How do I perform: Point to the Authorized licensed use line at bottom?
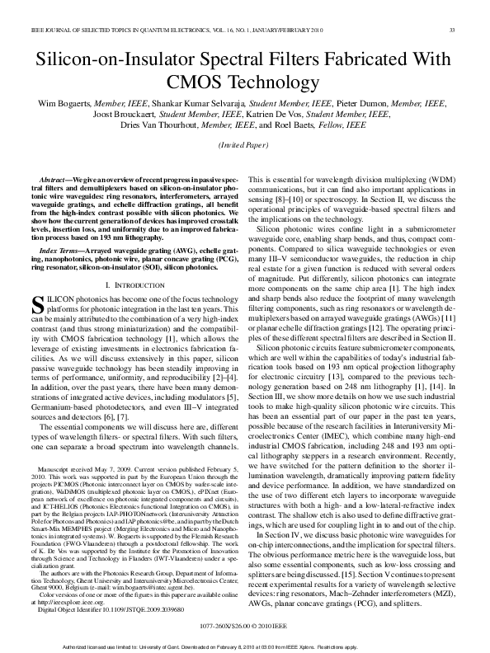pos(244,646)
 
